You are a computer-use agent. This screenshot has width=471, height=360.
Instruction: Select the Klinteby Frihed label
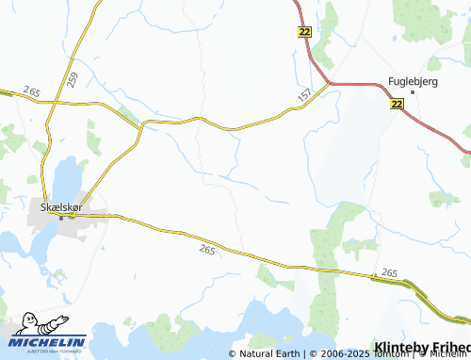[422, 346]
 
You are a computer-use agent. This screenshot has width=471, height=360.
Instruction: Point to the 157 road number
[303, 97]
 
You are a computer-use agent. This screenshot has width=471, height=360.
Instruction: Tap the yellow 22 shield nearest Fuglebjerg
[397, 106]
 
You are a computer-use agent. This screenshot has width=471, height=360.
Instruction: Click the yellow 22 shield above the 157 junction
[303, 32]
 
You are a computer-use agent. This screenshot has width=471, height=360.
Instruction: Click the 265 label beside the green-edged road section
[390, 273]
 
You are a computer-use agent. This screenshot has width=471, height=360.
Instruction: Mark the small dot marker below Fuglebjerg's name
[412, 92]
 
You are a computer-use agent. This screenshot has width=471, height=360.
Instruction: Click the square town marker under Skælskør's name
[62, 217]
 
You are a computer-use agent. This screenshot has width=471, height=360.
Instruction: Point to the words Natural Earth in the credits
[269, 353]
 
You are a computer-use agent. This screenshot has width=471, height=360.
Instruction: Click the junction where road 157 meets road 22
[329, 84]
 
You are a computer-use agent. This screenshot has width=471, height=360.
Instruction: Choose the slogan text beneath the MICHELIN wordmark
[47, 351]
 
